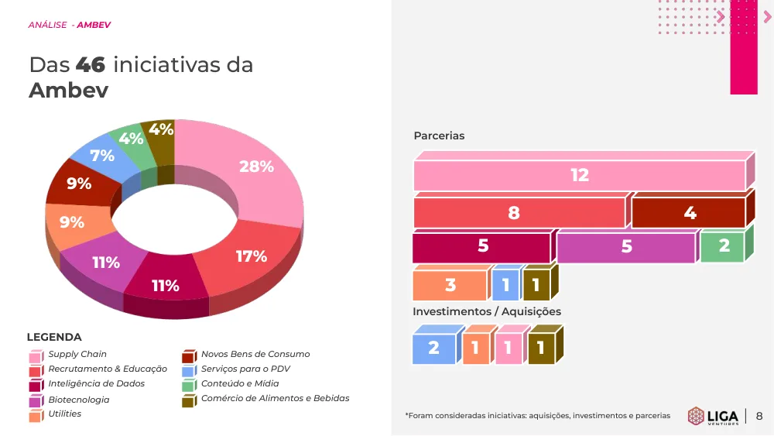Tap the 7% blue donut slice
pyautogui.click(x=103, y=157)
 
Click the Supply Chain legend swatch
pyautogui.click(x=36, y=356)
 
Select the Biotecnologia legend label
pyautogui.click(x=79, y=400)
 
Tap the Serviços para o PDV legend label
pyautogui.click(x=245, y=369)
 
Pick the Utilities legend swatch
pyautogui.click(x=36, y=416)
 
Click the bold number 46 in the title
pyautogui.click(x=91, y=65)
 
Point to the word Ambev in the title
pyautogui.click(x=69, y=91)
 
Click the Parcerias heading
pyautogui.click(x=439, y=136)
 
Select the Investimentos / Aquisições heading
pyautogui.click(x=487, y=311)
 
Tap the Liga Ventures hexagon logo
pyautogui.click(x=696, y=416)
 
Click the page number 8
pyautogui.click(x=759, y=416)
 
